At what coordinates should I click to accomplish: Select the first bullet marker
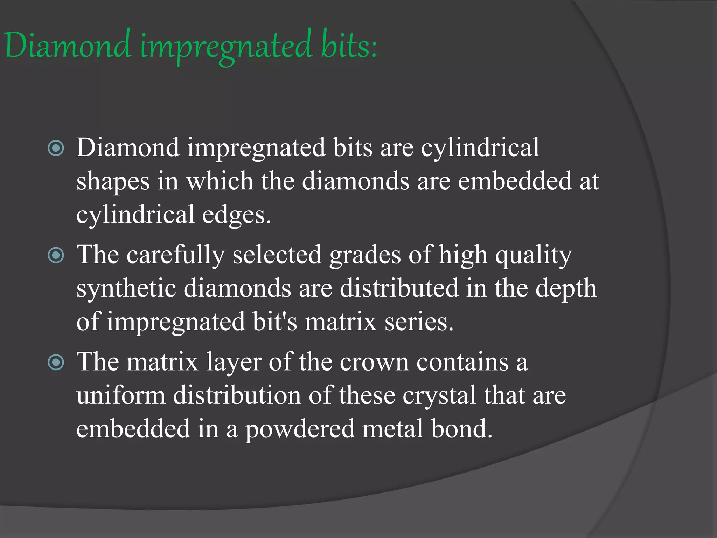[56, 148]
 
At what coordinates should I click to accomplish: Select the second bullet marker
[56, 255]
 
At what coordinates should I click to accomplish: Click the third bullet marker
[56, 362]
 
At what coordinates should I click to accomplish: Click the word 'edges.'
[237, 215]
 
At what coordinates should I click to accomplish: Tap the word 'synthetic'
[126, 289]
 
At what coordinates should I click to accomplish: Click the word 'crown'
[374, 362]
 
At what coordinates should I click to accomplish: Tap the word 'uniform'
[121, 396]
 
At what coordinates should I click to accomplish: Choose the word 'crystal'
[439, 396]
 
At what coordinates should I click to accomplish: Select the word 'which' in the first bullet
[220, 181]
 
